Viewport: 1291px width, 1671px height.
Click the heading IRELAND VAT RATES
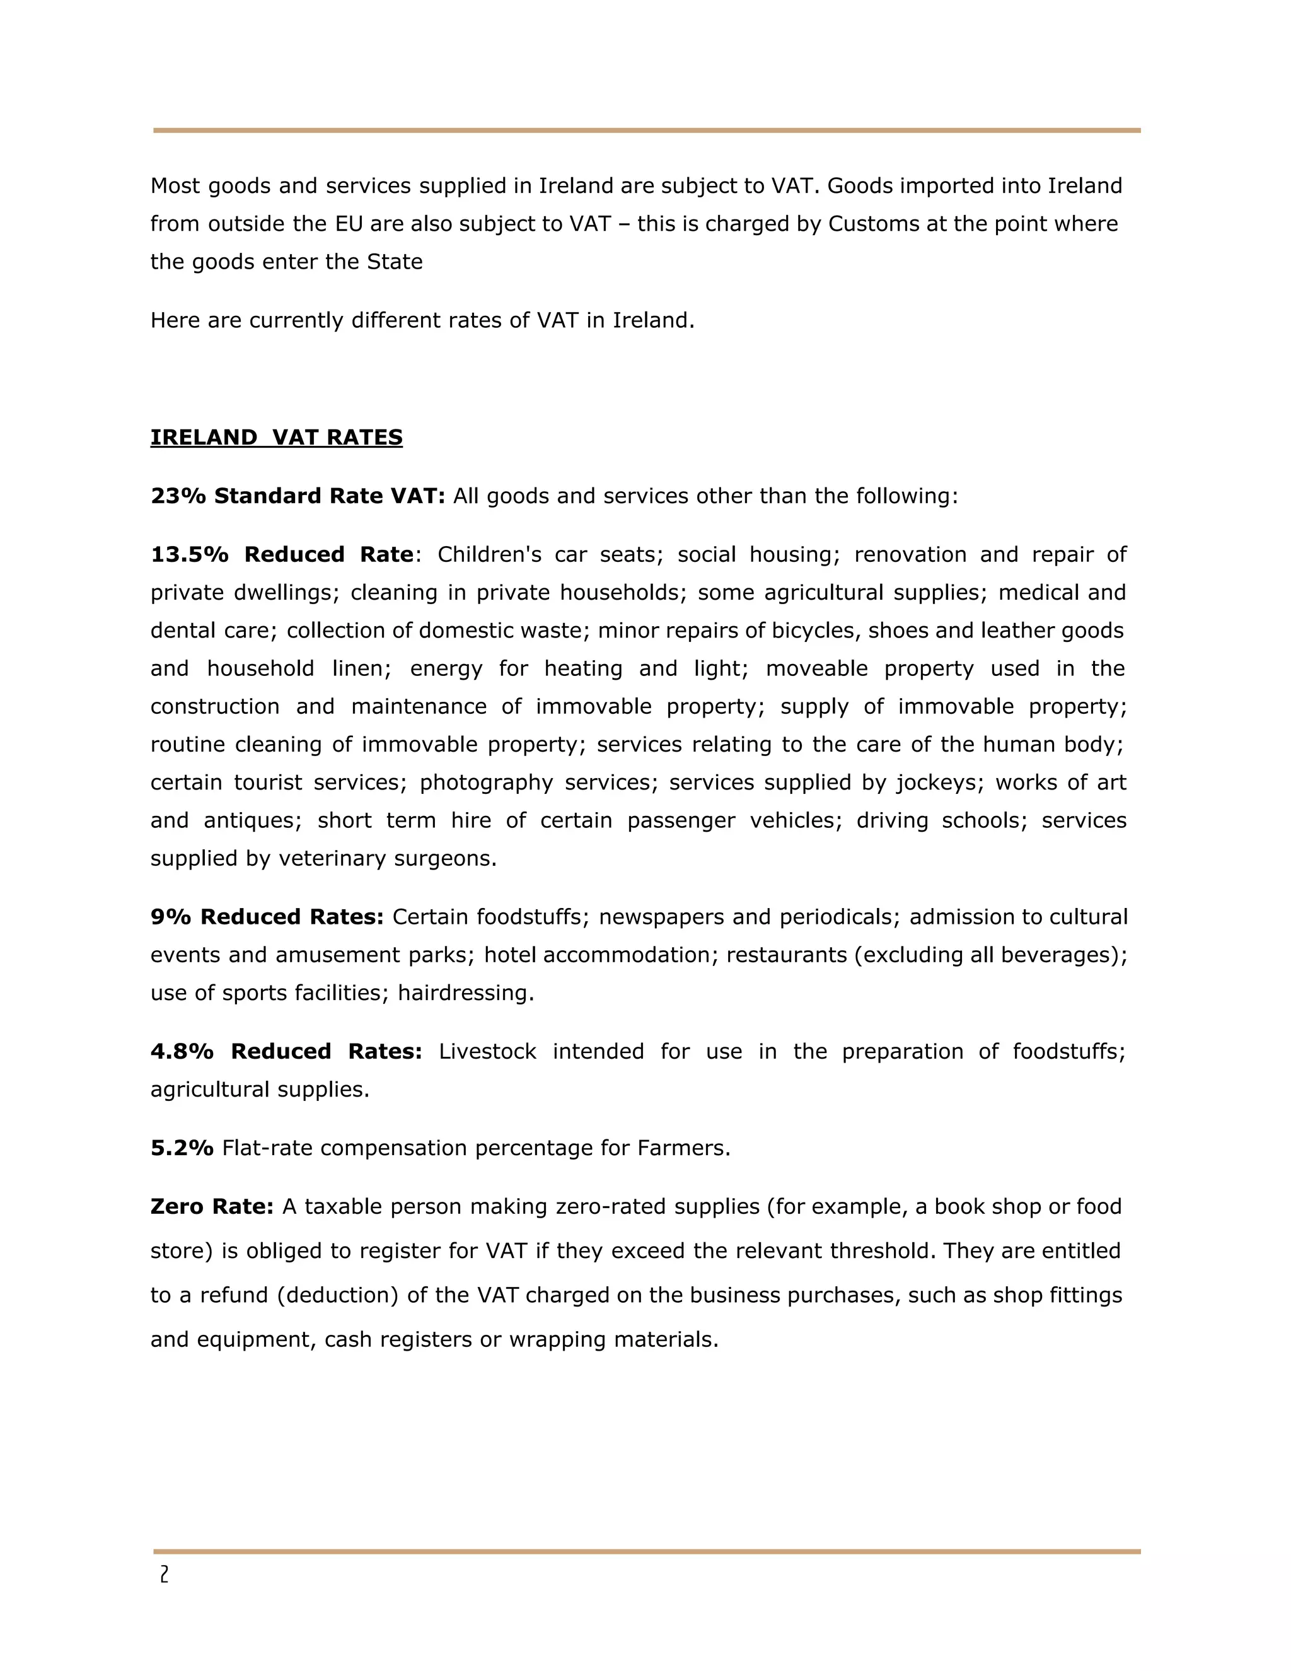coord(276,438)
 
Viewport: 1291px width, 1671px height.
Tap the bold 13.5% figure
coord(189,555)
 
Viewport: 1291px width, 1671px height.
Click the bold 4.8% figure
coord(182,1052)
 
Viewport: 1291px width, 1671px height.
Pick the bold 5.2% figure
coord(182,1148)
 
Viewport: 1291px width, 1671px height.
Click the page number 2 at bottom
coord(164,1575)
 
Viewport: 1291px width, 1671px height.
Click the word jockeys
coord(939,783)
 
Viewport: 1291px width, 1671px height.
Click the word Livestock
coord(488,1052)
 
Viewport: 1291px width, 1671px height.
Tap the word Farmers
coord(684,1148)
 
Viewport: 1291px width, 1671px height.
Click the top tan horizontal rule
coord(646,131)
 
